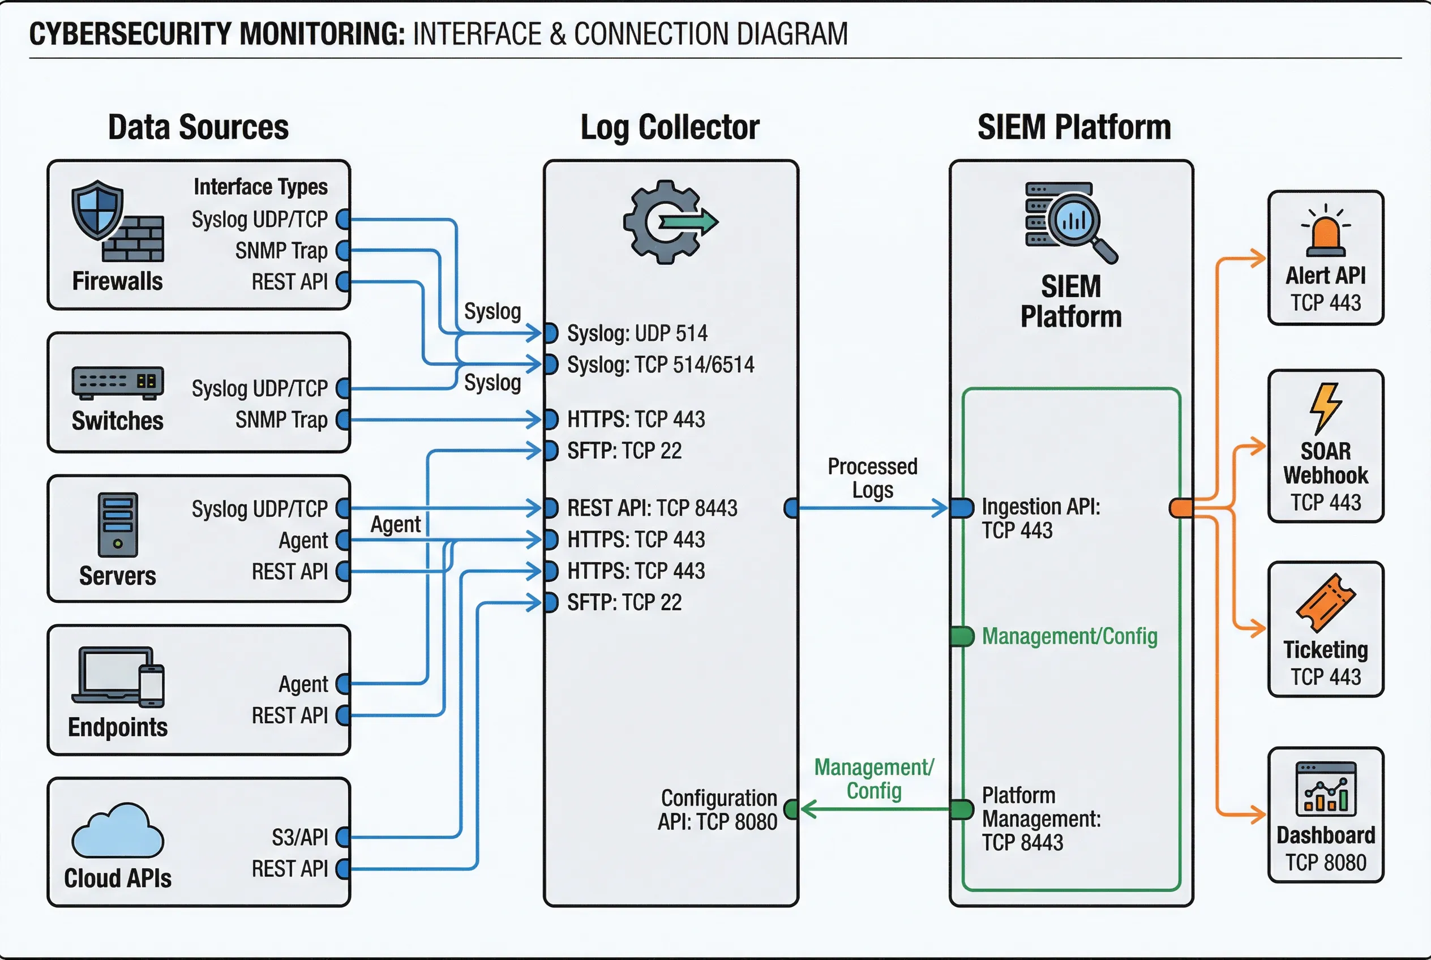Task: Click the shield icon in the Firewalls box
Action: click(x=97, y=209)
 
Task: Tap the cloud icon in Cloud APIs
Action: click(x=118, y=832)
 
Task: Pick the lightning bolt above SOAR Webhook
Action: click(x=1325, y=408)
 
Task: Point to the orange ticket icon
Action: click(x=1325, y=602)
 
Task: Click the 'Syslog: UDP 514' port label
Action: click(x=637, y=333)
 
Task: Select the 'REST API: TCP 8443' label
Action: click(x=652, y=508)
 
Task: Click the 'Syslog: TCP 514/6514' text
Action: click(x=660, y=365)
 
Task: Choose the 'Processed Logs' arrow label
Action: click(x=872, y=478)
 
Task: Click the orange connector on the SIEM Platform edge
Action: click(x=1181, y=508)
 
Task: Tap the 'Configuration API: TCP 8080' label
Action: click(x=718, y=809)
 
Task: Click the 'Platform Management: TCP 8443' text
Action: click(x=1041, y=818)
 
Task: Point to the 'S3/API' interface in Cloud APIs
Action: click(x=299, y=837)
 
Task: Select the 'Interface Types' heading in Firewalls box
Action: click(x=260, y=187)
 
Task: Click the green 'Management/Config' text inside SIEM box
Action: click(x=1069, y=637)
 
